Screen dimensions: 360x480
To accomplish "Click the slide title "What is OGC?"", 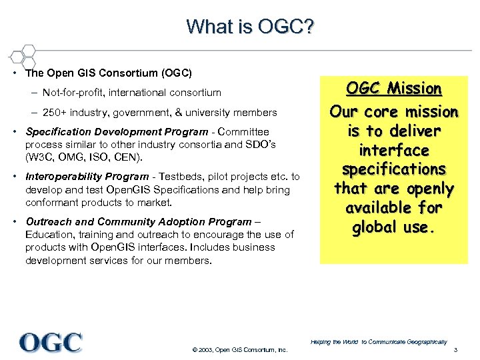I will tap(251, 27).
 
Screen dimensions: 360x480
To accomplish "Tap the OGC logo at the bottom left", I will tap(51, 343).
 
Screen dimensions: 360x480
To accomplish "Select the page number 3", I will tap(455, 351).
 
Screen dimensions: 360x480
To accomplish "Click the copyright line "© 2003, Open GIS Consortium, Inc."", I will tap(239, 351).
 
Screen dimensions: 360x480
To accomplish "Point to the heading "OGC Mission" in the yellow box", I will tap(395, 89).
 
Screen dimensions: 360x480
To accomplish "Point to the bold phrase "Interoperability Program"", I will tap(87, 177).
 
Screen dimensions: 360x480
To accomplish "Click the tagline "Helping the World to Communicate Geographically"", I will tap(379, 341).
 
